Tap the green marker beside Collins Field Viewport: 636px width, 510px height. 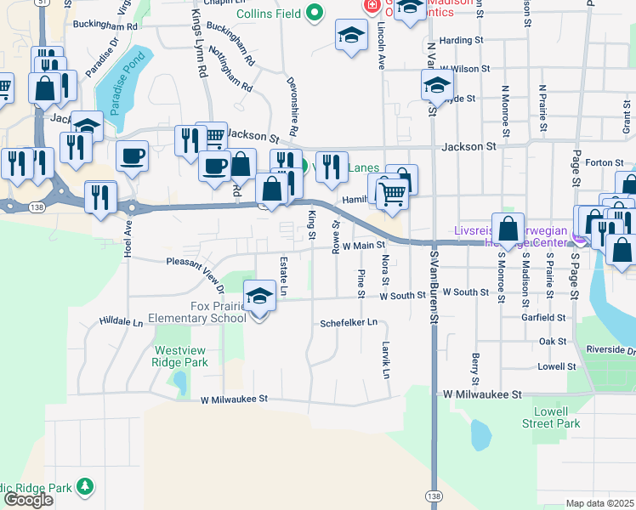315,13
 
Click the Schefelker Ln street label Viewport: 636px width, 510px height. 349,324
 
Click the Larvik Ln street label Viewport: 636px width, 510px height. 385,361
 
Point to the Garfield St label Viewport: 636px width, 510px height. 550,317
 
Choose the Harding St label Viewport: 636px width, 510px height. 462,40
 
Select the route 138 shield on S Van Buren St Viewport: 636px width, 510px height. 434,495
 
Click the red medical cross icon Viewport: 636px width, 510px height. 371,6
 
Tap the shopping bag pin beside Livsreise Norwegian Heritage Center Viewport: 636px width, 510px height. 508,229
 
